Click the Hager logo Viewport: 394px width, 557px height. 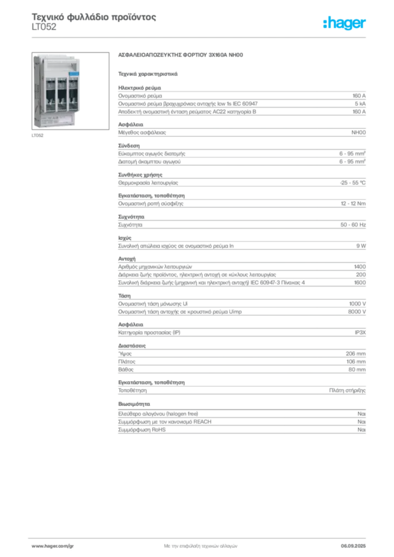click(x=344, y=23)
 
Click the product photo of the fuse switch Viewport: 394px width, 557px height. click(x=70, y=91)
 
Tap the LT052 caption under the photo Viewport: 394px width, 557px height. click(x=38, y=135)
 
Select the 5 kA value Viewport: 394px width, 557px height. click(x=360, y=104)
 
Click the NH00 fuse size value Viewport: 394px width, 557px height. click(x=359, y=133)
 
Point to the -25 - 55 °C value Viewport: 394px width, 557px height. click(x=353, y=183)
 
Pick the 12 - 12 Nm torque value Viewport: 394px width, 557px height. click(x=353, y=203)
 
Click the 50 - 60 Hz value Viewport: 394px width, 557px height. click(x=353, y=225)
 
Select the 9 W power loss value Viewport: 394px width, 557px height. click(x=361, y=246)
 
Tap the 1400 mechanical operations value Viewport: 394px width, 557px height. click(x=360, y=267)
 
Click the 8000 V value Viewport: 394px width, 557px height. click(x=356, y=312)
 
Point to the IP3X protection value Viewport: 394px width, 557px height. click(x=360, y=332)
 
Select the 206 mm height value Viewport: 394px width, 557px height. click(x=355, y=354)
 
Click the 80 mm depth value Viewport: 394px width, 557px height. click(x=357, y=369)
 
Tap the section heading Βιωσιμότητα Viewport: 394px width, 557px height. click(x=134, y=404)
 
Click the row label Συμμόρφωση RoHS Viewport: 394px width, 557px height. click(x=141, y=430)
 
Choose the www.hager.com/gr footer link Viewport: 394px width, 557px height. click(x=53, y=546)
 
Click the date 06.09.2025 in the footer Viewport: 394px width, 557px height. click(x=353, y=546)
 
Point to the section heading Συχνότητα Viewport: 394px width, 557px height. click(x=131, y=216)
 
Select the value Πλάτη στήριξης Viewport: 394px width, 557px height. click(x=347, y=391)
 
